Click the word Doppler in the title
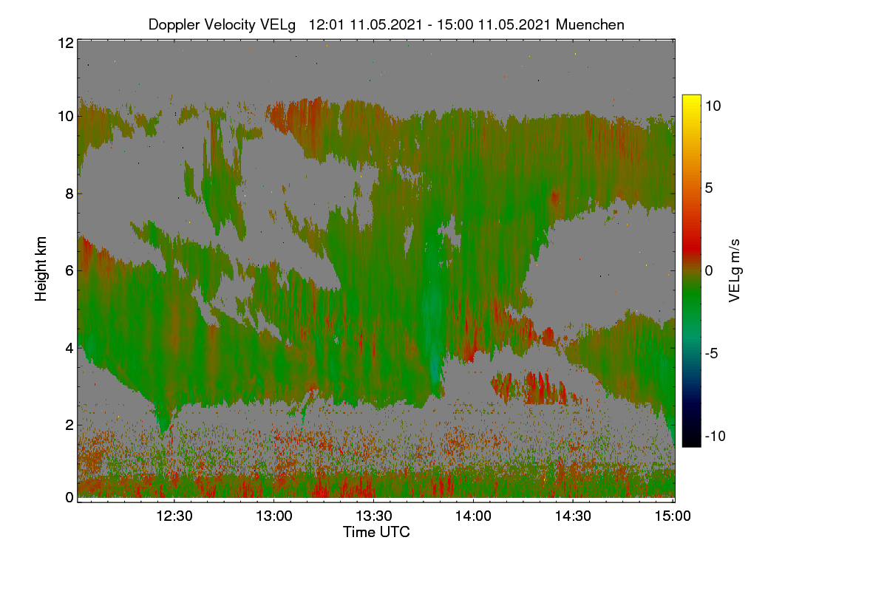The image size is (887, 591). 174,25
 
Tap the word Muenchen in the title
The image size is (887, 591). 590,24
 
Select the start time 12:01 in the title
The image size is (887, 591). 326,24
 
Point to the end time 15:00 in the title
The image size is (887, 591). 455,24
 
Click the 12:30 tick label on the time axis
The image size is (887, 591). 174,516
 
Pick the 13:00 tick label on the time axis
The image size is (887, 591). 274,516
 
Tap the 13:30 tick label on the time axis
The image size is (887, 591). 374,516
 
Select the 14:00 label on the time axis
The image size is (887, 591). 473,516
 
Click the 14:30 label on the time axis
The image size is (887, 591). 573,516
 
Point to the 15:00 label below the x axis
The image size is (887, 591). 673,516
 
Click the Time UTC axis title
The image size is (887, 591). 376,532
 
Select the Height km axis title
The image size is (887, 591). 41,269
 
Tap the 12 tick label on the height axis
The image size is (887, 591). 66,43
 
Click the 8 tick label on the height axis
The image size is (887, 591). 69,194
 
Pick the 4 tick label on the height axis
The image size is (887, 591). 69,349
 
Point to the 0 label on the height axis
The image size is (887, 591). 69,497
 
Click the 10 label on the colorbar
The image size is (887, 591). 713,106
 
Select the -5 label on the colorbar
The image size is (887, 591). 711,353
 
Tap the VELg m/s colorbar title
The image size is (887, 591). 734,271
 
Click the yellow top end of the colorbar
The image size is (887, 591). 691,98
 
